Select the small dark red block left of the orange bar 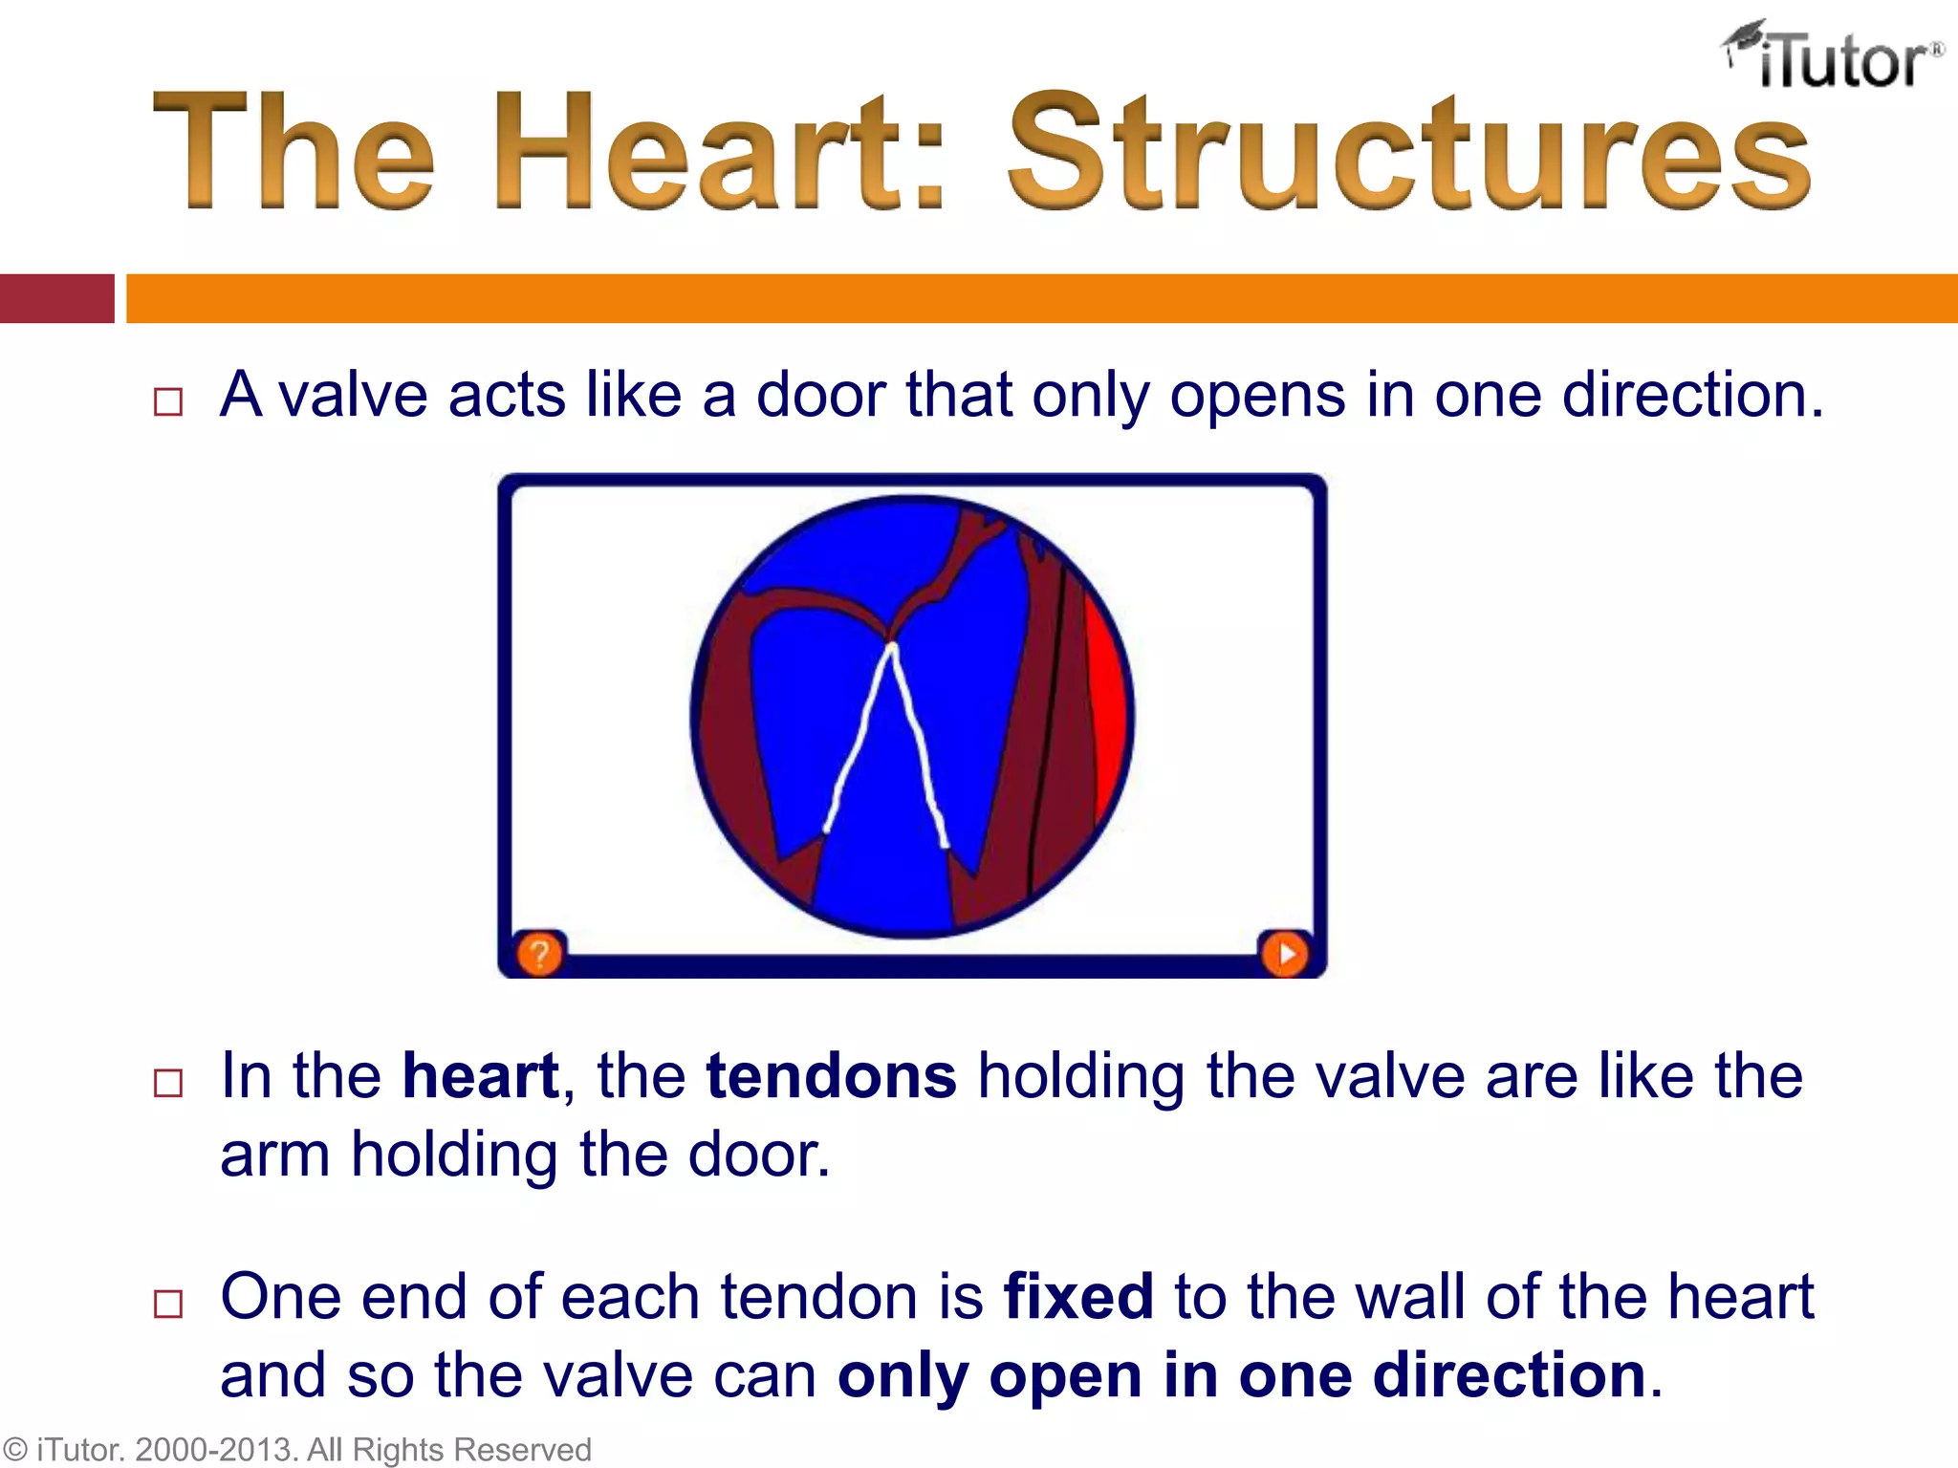click(56, 298)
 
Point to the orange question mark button click(539, 954)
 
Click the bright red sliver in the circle click(1109, 707)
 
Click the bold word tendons click(830, 1076)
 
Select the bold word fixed click(1077, 1297)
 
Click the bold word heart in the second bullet click(480, 1076)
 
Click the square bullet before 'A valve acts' click(168, 401)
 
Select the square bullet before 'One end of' click(168, 1304)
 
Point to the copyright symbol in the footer click(15, 1450)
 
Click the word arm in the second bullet click(274, 1155)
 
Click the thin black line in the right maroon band click(1044, 726)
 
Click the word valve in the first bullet click(353, 395)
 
